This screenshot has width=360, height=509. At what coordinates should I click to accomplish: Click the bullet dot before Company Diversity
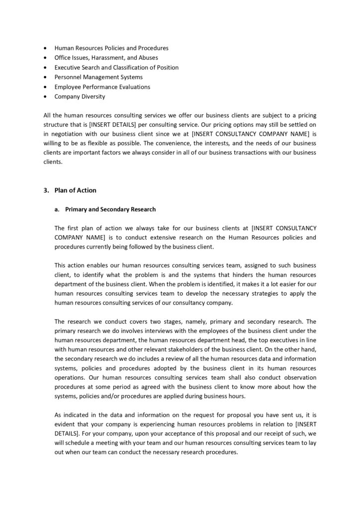pyautogui.click(x=46, y=96)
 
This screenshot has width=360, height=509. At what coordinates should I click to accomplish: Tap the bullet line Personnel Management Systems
pyautogui.click(x=98, y=77)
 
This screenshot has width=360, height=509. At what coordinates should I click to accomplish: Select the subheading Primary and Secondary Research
pyautogui.click(x=110, y=209)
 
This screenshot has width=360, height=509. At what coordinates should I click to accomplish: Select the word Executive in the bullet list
pyautogui.click(x=69, y=67)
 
